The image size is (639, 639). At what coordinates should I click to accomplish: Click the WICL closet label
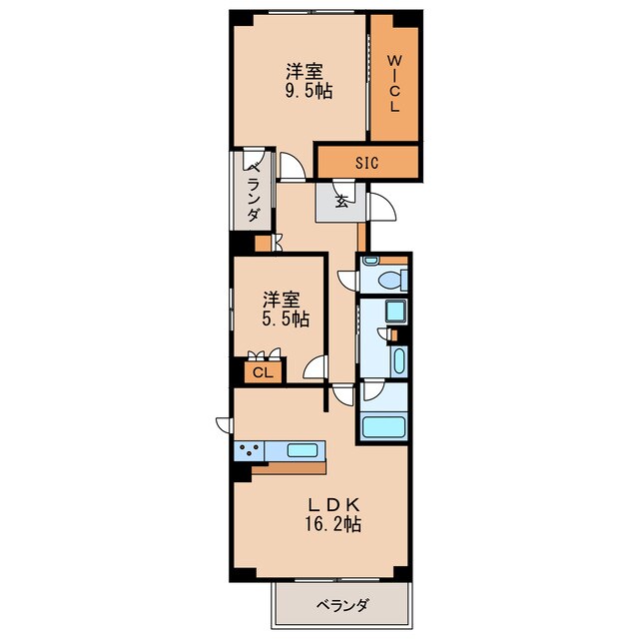pos(393,81)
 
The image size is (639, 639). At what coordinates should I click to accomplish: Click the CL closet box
pos(263,371)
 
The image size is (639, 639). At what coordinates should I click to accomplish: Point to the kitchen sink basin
pos(302,450)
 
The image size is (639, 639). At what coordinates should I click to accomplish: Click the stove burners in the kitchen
pos(249,450)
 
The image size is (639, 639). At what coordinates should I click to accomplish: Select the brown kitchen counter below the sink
pos(289,467)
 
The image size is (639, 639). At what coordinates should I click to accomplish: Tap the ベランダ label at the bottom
pos(343,606)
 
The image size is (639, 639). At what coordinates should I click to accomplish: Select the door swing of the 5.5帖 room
pos(318,368)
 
